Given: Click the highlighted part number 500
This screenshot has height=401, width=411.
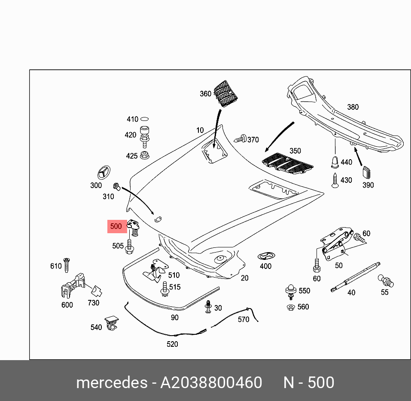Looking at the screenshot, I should (116, 226).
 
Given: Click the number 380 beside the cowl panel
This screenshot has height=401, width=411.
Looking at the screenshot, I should (353, 107).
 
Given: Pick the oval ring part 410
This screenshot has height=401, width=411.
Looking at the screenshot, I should (145, 120).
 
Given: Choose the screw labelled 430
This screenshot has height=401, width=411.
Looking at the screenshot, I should (335, 180).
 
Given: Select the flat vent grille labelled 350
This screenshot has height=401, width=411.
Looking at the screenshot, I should (287, 163).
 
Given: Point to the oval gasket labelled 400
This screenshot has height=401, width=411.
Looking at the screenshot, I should (265, 256).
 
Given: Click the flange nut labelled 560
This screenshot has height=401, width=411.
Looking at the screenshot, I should (291, 307).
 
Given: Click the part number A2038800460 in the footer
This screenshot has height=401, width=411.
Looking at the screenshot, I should (211, 382).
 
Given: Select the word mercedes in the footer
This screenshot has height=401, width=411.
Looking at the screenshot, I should (111, 382).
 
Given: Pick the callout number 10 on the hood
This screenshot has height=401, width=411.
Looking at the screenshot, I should (200, 130).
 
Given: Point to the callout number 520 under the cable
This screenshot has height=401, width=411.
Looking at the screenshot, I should (172, 344).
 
